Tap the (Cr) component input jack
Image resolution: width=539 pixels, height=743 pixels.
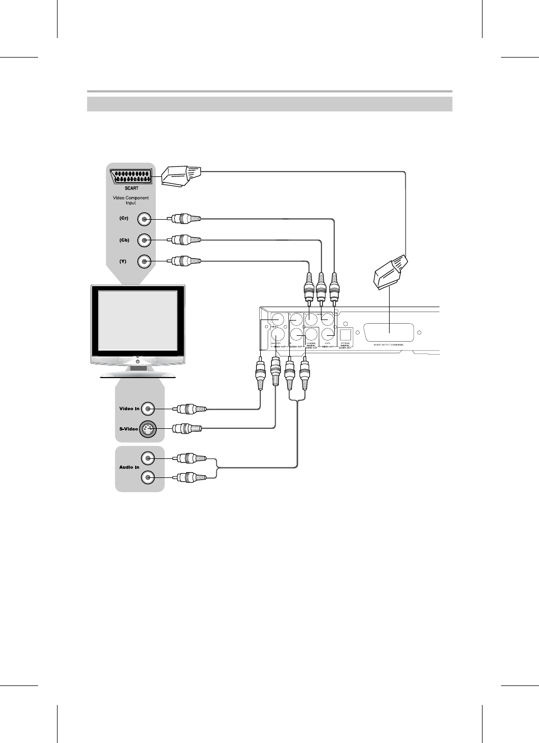point(144,219)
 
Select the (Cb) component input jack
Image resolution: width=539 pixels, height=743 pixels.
point(144,240)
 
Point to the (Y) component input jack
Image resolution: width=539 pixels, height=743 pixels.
point(144,261)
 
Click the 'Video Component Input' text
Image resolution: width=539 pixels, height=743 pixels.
point(131,200)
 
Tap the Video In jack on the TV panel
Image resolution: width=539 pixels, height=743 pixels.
point(148,408)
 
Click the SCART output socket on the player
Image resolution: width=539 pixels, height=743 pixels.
point(389,333)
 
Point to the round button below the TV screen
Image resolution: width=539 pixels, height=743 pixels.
point(138,361)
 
